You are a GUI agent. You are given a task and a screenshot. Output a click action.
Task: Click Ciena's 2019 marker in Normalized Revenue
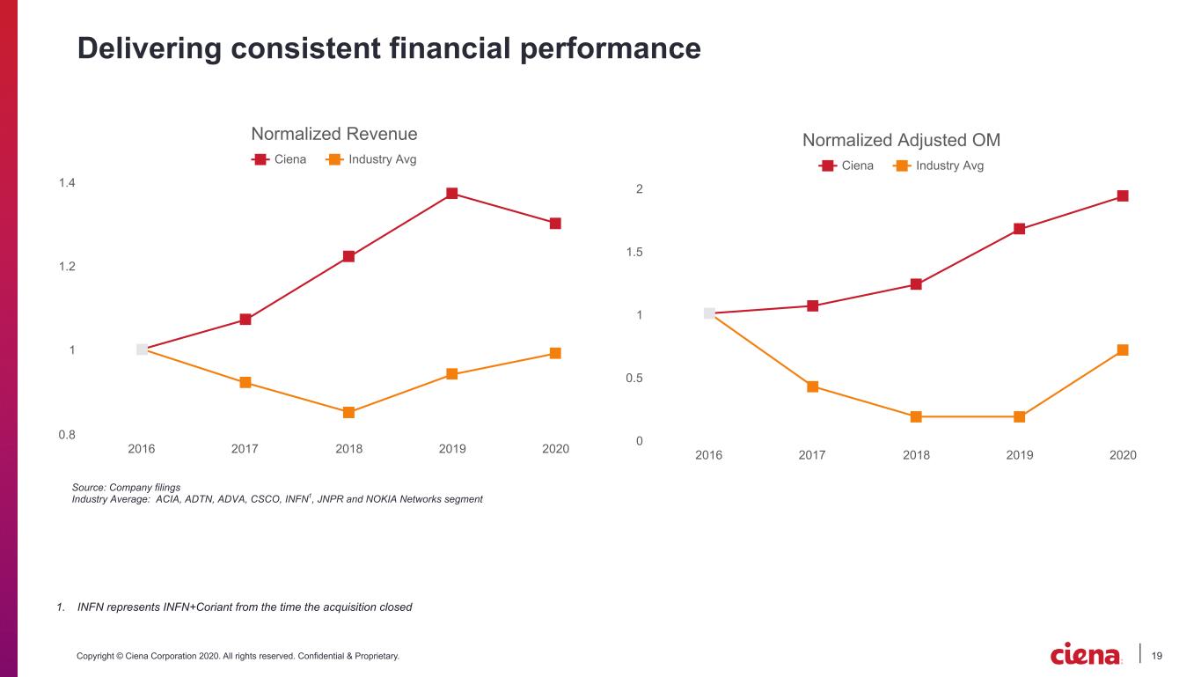(x=452, y=193)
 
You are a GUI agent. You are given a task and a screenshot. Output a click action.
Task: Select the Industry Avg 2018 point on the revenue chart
(x=348, y=412)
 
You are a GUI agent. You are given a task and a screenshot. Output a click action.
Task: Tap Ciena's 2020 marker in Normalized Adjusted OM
(x=1123, y=195)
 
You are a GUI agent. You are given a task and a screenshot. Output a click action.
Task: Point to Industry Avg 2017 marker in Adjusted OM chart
(x=812, y=386)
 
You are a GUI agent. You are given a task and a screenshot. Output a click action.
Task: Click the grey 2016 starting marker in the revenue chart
(x=142, y=350)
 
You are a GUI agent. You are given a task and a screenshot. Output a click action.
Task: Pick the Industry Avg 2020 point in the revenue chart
(x=555, y=353)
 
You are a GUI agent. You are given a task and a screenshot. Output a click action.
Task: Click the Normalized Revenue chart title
(x=334, y=134)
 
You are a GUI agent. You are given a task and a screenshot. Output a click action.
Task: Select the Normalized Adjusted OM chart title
(x=901, y=140)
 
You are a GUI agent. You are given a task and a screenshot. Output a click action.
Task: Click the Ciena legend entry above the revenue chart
(x=279, y=159)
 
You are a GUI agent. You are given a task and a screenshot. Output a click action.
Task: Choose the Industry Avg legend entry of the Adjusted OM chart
(x=938, y=166)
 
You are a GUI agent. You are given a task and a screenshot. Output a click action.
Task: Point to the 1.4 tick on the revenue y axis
(x=67, y=183)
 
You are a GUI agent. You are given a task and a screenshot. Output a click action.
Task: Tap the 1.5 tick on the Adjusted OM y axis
(x=634, y=252)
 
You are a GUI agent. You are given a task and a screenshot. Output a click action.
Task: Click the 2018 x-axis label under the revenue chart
(x=348, y=448)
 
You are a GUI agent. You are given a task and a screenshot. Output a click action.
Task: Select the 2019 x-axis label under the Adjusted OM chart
(x=1019, y=455)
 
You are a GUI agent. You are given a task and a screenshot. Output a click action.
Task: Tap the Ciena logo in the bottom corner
(x=1085, y=654)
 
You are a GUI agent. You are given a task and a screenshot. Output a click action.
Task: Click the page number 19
(x=1156, y=656)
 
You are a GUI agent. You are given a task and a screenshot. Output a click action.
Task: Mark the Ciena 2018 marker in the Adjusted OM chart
(x=916, y=283)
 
